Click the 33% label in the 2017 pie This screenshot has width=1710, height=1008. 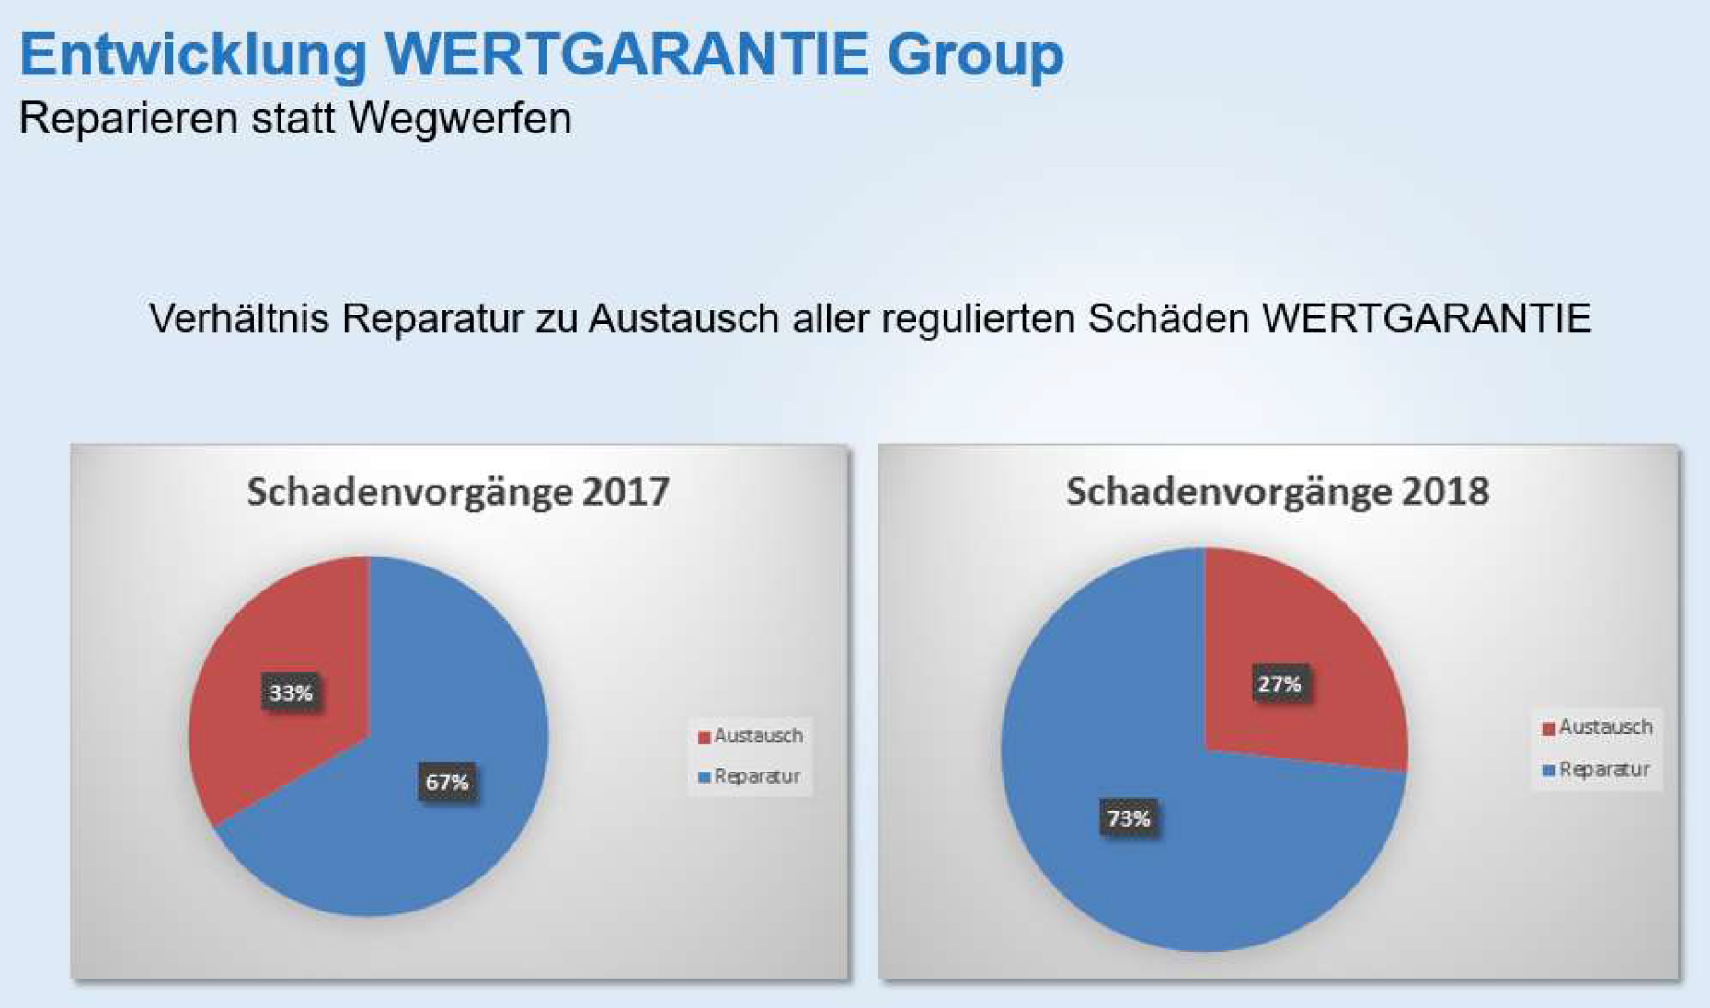[291, 693]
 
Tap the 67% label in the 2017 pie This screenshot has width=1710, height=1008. [447, 782]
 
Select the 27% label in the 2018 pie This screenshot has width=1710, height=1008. [1280, 684]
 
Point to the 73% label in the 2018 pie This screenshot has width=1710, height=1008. [1129, 818]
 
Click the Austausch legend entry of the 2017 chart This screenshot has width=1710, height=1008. [751, 736]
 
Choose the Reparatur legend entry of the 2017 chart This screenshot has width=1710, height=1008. [750, 776]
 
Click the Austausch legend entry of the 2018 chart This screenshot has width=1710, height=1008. [1598, 727]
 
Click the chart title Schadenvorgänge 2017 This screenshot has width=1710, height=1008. [458, 491]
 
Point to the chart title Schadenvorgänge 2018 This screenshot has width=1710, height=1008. [1278, 491]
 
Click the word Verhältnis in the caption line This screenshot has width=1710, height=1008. [238, 319]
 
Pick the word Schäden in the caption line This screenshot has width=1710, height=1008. [1168, 319]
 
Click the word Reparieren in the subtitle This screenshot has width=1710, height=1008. [129, 119]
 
